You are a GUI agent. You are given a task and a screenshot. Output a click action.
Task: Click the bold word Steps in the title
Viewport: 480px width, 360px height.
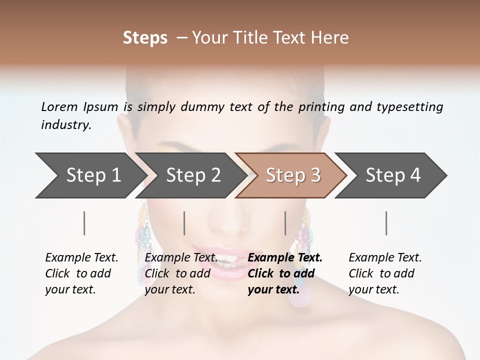(x=145, y=38)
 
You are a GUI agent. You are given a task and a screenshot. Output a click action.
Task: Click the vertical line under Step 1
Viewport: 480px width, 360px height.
(x=84, y=223)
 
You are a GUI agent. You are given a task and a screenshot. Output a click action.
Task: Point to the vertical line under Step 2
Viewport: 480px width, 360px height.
(x=184, y=223)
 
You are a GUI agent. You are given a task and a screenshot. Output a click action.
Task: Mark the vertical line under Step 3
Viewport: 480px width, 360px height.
(x=285, y=223)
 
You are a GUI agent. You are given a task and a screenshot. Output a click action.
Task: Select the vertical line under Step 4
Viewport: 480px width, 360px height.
(x=386, y=223)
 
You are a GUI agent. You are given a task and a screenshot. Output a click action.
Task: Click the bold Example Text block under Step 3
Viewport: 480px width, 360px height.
(x=285, y=273)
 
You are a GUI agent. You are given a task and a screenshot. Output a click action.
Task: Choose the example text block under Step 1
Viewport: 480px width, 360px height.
(x=81, y=273)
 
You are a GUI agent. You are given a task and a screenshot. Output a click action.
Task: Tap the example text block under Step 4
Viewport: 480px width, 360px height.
(x=385, y=273)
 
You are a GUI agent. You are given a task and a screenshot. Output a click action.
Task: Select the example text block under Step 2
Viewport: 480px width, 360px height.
(x=181, y=273)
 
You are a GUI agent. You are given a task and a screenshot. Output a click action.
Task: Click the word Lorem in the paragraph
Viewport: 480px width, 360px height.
(x=59, y=106)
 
